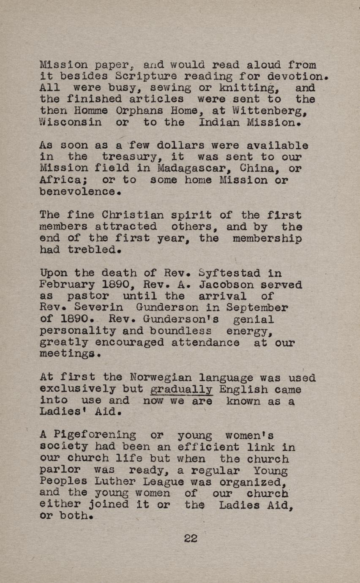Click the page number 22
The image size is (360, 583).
[191, 538]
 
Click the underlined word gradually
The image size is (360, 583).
[181, 390]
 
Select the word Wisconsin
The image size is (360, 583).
[71, 123]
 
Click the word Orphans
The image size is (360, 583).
[129, 111]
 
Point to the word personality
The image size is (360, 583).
[77, 331]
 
